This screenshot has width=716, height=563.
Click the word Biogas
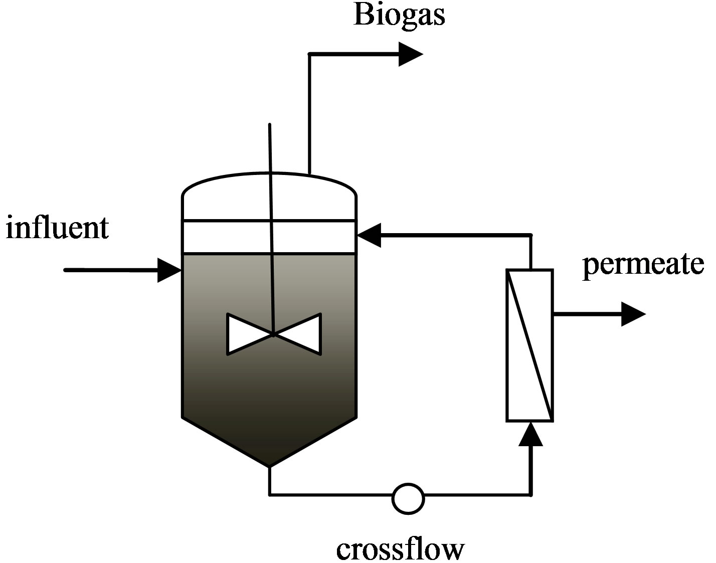[399, 15]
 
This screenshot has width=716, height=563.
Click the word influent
[57, 228]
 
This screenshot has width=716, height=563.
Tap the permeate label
[643, 263]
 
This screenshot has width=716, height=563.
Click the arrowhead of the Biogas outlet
[411, 54]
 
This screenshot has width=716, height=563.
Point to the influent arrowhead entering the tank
[169, 270]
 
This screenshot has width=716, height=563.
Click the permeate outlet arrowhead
[633, 314]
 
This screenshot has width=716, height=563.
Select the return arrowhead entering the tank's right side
[369, 235]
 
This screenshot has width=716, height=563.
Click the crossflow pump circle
[408, 498]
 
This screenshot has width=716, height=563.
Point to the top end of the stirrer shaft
[270, 125]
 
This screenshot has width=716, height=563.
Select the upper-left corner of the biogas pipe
[309, 54]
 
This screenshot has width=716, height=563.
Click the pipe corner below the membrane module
[530, 495]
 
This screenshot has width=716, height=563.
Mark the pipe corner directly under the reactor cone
[270, 495]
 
